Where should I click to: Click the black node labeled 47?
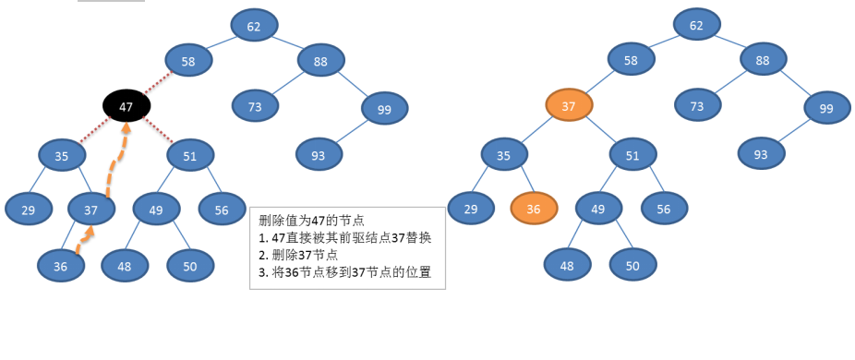[x=126, y=107]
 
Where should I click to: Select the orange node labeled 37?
[x=569, y=106]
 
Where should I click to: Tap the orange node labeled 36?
[x=534, y=210]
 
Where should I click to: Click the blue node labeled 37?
[x=91, y=210]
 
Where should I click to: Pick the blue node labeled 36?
[x=61, y=266]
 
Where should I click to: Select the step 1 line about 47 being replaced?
[x=345, y=237]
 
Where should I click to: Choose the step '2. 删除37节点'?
[x=298, y=255]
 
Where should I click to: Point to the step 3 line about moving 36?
[x=345, y=272]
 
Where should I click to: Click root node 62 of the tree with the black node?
[x=254, y=26]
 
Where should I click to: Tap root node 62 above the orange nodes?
[x=696, y=25]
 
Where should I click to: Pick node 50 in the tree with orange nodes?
[x=632, y=266]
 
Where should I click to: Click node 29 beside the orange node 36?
[x=471, y=210]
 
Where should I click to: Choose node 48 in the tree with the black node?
[x=125, y=266]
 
